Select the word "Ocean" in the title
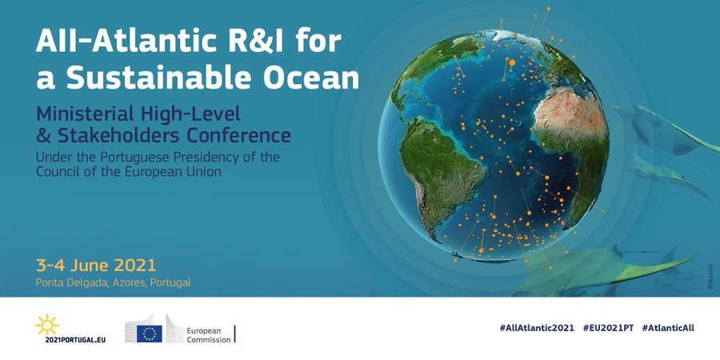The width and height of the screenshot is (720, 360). tap(314, 78)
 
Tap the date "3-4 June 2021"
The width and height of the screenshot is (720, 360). tap(96, 265)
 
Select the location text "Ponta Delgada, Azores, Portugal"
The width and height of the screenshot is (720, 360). tap(114, 282)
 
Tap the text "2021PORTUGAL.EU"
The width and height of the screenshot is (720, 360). tap(71, 339)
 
